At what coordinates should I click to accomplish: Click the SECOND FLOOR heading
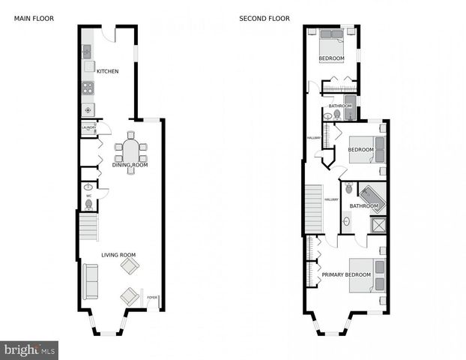[x=264, y=18]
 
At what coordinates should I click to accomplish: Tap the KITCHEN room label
[x=107, y=71]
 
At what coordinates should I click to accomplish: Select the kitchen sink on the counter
[x=86, y=52]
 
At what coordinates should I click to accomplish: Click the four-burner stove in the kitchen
[x=87, y=87]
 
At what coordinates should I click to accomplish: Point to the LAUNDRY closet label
[x=88, y=128]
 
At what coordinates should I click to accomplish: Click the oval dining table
[x=130, y=152]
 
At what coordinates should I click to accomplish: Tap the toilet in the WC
[x=88, y=203]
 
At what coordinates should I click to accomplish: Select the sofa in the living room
[x=90, y=281]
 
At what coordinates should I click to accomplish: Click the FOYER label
[x=152, y=298]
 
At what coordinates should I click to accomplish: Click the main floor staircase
[x=88, y=226]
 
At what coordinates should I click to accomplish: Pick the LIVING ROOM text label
[x=120, y=255]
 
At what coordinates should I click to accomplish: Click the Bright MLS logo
[x=29, y=349]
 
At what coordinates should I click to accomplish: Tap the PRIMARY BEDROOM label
[x=346, y=274]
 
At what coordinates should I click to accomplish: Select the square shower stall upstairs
[x=380, y=225]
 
